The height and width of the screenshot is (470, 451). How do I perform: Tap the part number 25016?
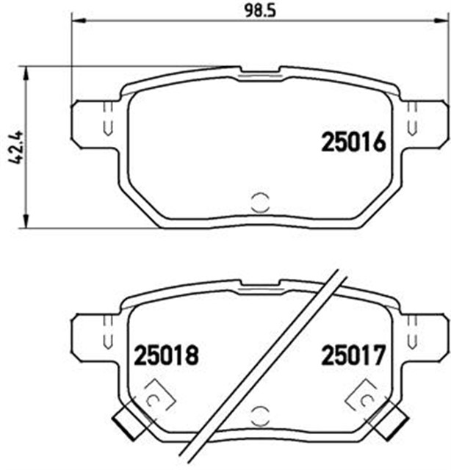[353, 142]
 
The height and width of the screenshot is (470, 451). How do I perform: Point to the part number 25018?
[166, 357]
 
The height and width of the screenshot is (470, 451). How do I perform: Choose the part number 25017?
[353, 357]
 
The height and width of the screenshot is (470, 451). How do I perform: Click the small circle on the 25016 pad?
[260, 201]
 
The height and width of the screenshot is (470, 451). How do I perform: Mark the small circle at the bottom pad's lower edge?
[260, 416]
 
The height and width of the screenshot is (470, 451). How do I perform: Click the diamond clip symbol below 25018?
[156, 397]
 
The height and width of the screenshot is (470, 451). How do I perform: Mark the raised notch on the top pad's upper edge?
[260, 70]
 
